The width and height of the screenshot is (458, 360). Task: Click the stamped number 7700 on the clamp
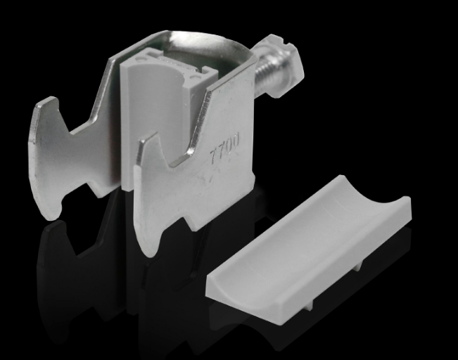click(225, 146)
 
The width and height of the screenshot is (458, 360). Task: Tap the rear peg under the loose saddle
click(358, 266)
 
